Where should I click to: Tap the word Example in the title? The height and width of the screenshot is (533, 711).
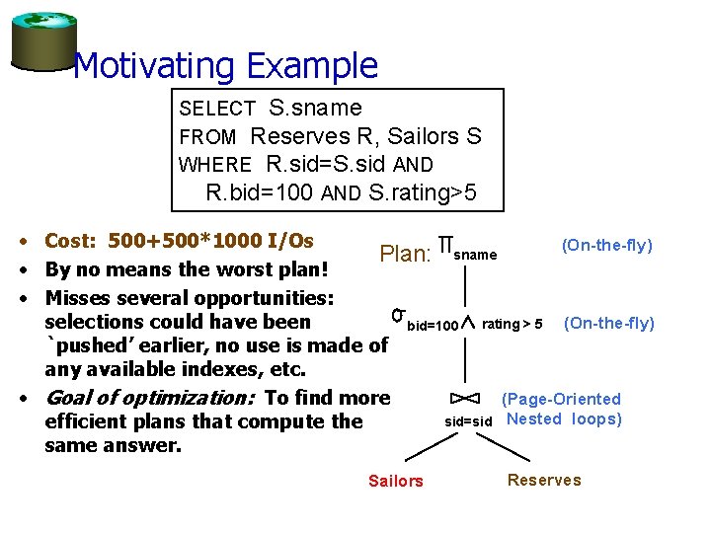pos(312,66)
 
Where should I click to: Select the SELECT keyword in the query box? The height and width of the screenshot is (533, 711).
pos(217,108)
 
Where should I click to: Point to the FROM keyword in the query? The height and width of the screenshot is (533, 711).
pos(207,136)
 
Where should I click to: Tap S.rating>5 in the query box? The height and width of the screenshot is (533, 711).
pos(423,191)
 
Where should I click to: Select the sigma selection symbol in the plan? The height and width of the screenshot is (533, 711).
pos(398,315)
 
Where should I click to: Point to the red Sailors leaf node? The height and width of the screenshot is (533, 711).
pos(395,481)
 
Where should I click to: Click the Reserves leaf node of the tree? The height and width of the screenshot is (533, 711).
pos(544,480)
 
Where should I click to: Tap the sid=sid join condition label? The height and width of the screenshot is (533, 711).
pos(468,420)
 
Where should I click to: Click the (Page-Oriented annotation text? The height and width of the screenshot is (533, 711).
pos(561,399)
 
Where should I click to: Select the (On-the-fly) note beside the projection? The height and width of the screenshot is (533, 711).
pos(606,245)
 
